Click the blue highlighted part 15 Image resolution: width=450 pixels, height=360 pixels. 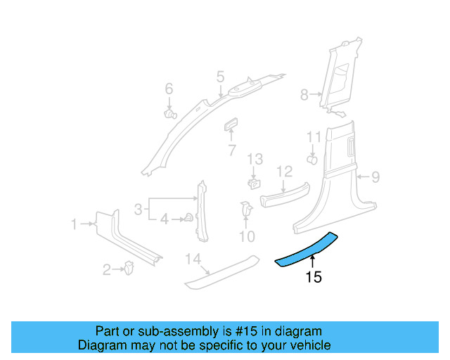pos(306,249)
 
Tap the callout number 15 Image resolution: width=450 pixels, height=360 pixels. pos(314,278)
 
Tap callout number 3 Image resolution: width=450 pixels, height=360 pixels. pos(139,208)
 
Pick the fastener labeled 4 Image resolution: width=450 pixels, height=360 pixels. pos(188,218)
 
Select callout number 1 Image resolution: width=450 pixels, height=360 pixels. pos(74,224)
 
